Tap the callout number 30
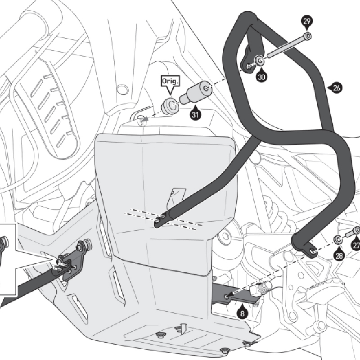(x=261, y=76)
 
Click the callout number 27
(x=356, y=246)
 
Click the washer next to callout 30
(x=260, y=60)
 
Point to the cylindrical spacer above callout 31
(x=194, y=93)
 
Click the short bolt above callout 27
(x=354, y=232)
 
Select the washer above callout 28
(x=337, y=238)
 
